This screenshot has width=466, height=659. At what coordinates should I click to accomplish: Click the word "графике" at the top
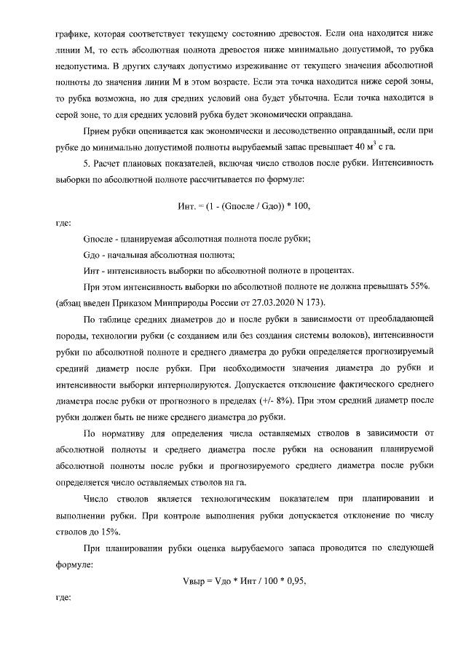72,34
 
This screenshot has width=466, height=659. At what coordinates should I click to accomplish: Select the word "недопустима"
81,66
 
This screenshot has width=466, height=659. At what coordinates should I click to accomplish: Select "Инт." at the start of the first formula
187,208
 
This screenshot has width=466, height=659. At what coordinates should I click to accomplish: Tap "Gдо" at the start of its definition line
92,254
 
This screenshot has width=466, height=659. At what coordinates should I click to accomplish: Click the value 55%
421,286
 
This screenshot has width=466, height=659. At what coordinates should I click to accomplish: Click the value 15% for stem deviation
108,531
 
